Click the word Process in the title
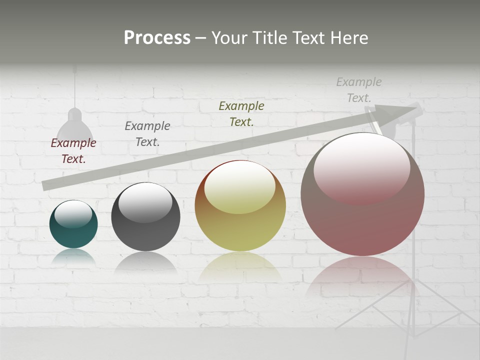(157, 38)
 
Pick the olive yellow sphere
(240, 225)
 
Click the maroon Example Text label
(73, 151)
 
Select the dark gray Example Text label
(147, 134)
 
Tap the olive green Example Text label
(241, 113)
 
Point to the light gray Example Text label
(359, 89)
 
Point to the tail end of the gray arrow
(46, 185)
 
